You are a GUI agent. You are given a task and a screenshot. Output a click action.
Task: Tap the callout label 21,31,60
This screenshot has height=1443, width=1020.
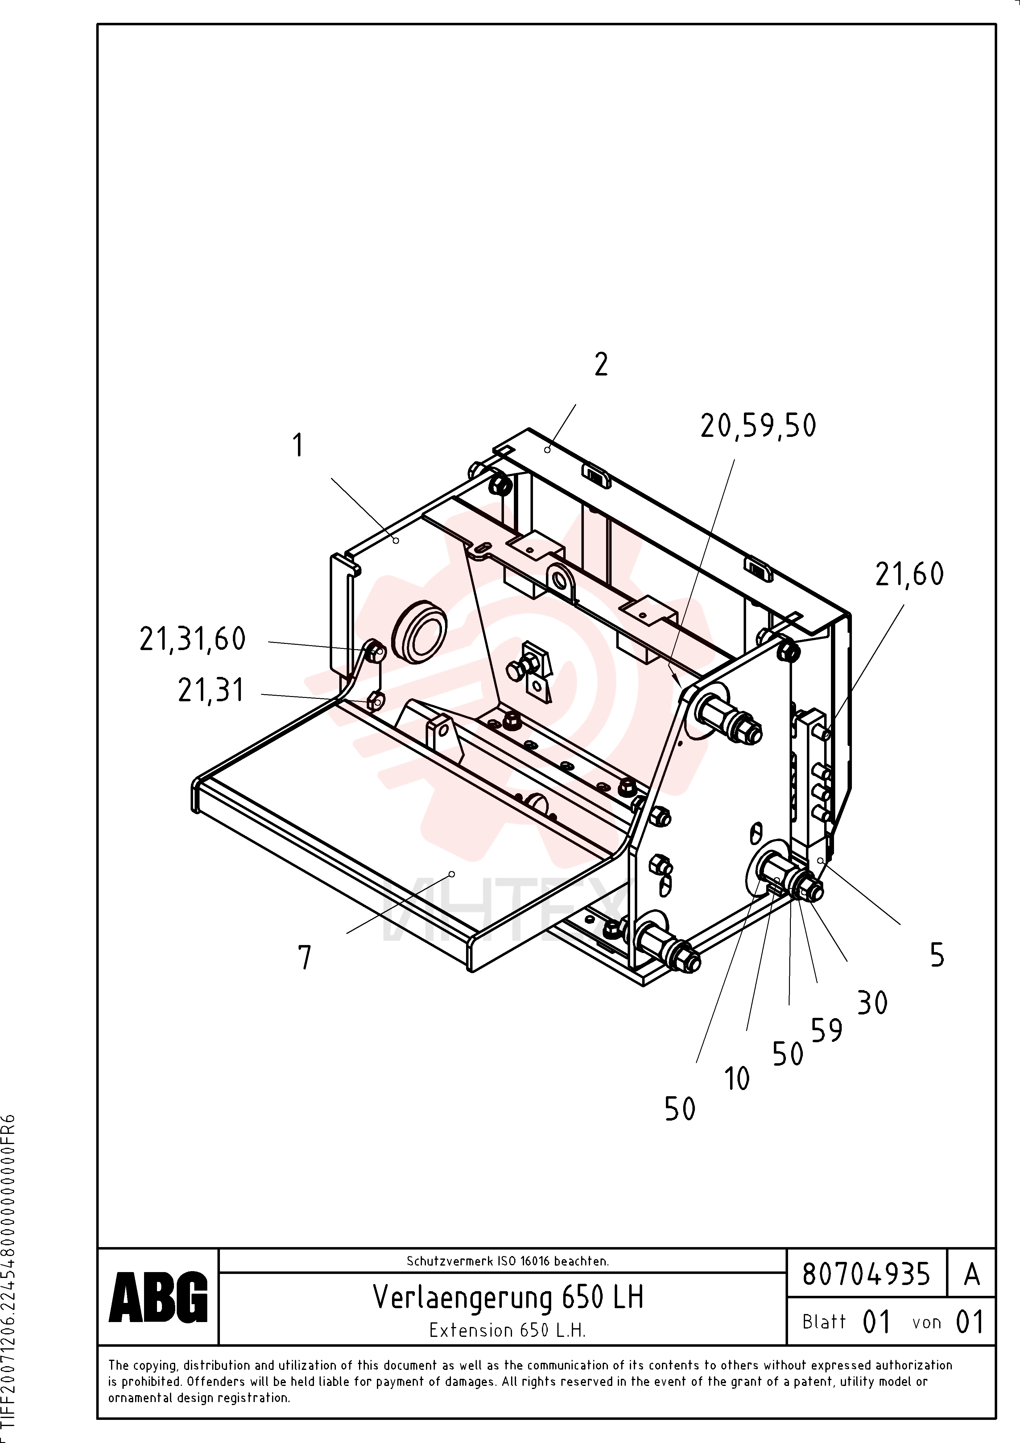192,639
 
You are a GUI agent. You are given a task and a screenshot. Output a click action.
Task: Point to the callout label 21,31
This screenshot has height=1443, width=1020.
211,691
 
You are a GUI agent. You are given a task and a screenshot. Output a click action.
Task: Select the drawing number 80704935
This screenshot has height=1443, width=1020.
866,1274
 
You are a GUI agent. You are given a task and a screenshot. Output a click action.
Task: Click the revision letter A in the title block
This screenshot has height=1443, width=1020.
972,1274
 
